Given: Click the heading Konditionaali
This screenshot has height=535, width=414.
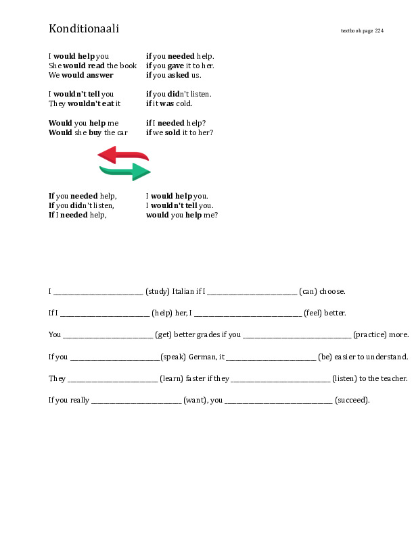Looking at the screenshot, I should point(84,28).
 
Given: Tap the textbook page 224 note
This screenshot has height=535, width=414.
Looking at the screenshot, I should point(362,30).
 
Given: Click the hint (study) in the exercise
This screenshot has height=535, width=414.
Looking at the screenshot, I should point(158,292).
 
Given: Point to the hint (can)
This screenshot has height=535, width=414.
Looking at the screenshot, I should point(308,292).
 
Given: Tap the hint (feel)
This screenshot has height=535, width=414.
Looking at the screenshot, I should point(315,313).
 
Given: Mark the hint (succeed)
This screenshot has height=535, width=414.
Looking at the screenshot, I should point(352,400).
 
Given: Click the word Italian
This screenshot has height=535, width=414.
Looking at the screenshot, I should point(183,292).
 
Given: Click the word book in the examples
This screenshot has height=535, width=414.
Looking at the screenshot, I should point(129,66).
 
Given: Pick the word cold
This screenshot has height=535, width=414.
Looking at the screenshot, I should point(183,103).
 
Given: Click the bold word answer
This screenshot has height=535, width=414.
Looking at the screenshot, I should point(99,75).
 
